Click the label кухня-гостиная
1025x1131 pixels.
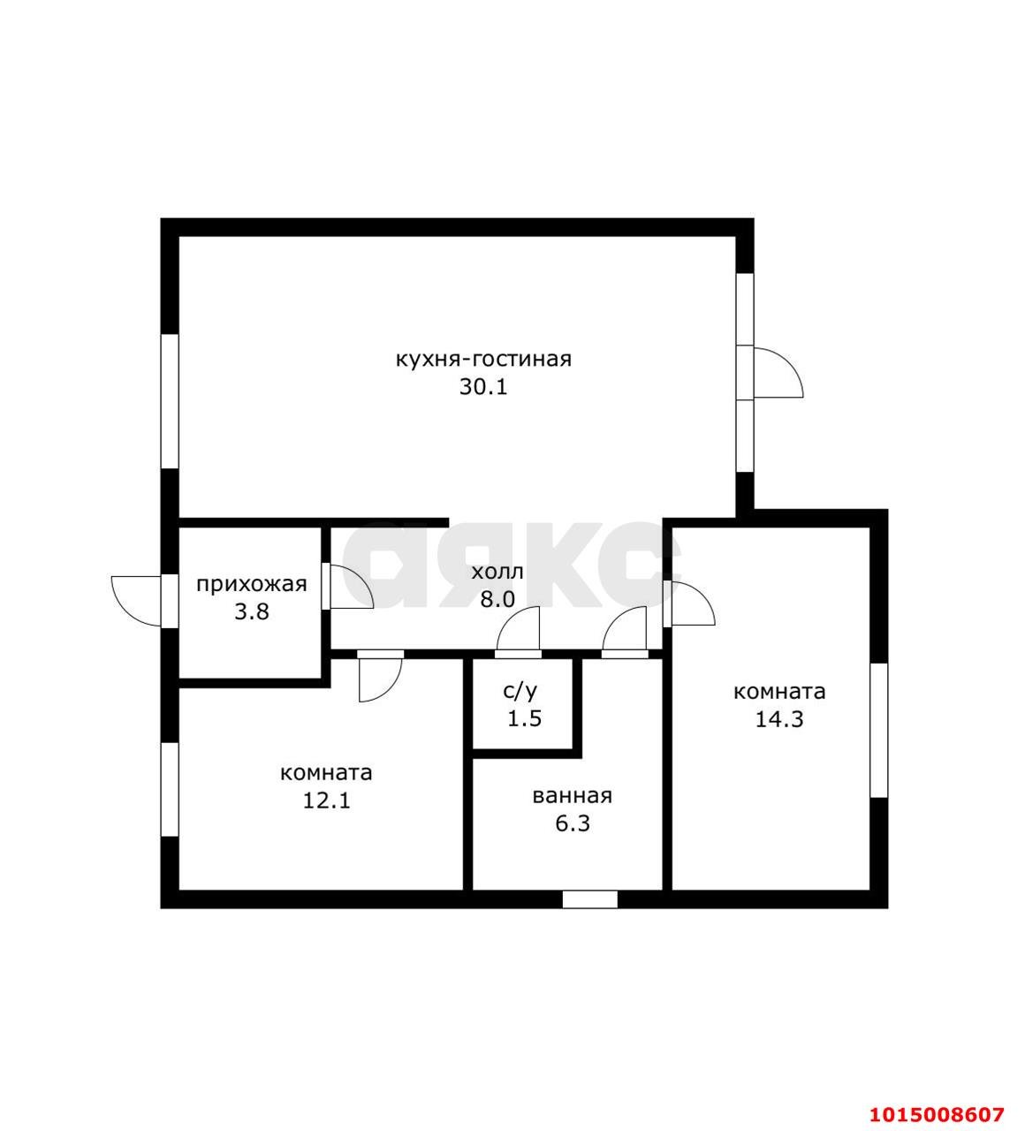(x=483, y=359)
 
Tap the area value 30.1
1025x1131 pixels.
(x=483, y=387)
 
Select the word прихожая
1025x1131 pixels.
(x=252, y=585)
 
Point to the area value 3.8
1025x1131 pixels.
(x=252, y=611)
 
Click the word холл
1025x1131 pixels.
(x=497, y=573)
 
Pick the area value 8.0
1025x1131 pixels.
(x=497, y=599)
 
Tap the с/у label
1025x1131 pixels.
(x=520, y=690)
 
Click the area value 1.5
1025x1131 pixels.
(x=524, y=718)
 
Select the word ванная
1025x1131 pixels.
(x=572, y=796)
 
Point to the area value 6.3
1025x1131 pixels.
(x=573, y=824)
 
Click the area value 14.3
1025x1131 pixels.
(x=779, y=719)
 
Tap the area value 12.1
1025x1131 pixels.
(x=326, y=801)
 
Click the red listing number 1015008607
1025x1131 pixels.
(x=937, y=1114)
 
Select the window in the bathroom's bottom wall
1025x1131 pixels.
(x=589, y=899)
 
